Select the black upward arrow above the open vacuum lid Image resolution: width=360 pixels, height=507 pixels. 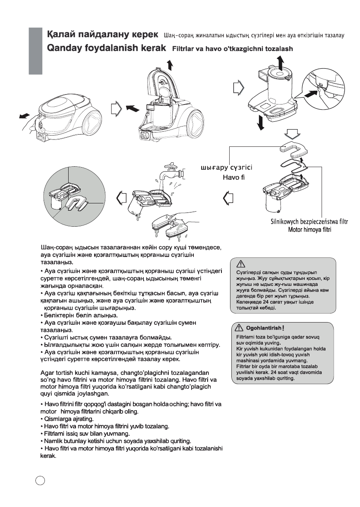170,65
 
